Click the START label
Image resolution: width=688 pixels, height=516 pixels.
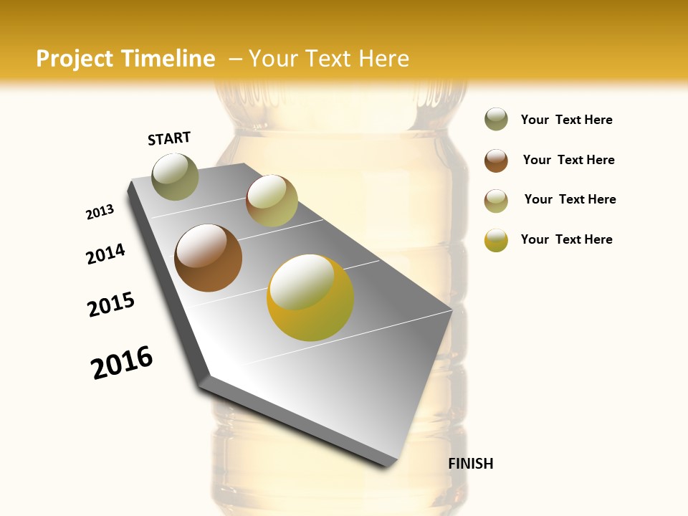(169, 138)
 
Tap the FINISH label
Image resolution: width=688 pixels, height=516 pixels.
(470, 464)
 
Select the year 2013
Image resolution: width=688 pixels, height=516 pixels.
(100, 212)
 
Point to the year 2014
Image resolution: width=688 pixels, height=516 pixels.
(106, 254)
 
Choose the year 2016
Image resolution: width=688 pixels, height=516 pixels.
(122, 363)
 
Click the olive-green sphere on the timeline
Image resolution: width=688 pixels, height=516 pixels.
(175, 176)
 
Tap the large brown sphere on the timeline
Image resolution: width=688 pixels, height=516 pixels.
(208, 258)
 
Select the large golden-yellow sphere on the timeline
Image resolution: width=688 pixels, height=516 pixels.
(310, 297)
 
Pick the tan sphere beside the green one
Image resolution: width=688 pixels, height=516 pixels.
(272, 201)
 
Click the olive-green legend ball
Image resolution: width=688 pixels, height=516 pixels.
(496, 120)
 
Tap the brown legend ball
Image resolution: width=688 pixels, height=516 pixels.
(496, 161)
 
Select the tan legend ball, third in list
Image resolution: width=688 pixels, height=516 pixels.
(496, 201)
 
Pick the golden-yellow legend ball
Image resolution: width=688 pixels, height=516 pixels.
(496, 240)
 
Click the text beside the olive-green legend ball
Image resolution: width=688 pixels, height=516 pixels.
(566, 120)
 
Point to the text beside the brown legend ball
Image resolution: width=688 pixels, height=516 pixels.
(568, 160)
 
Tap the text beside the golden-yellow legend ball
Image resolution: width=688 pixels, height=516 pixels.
(566, 239)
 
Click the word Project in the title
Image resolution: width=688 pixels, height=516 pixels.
(75, 59)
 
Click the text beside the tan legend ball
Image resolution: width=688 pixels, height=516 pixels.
(570, 199)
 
